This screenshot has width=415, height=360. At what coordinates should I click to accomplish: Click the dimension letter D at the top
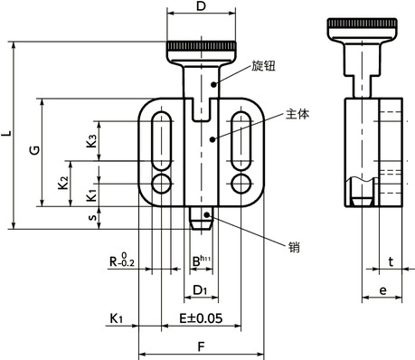click(199, 8)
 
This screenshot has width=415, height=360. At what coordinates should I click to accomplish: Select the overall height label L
click(6, 135)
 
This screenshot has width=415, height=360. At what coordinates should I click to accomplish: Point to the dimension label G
click(33, 151)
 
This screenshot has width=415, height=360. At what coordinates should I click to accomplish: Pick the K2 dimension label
click(63, 182)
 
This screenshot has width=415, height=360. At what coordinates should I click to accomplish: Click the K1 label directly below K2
click(91, 194)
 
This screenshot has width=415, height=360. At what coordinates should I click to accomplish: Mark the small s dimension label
click(91, 218)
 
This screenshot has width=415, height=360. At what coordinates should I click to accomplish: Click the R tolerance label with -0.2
click(122, 262)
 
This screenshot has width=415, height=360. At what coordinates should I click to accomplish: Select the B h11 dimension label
click(200, 262)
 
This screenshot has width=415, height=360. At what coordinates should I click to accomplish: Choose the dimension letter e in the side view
click(382, 290)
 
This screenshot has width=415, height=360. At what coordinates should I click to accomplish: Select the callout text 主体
click(297, 114)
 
